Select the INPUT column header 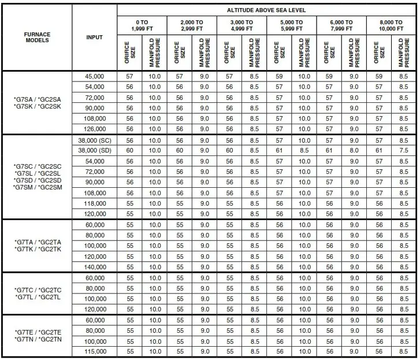(x=94, y=38)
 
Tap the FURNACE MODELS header (x=37, y=38)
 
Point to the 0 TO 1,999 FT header (x=142, y=25)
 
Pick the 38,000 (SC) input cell (x=94, y=140)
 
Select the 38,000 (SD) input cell (x=94, y=151)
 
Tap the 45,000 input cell (x=94, y=76)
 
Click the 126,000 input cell (x=94, y=129)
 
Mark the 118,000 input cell (x=94, y=203)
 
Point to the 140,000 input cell (x=94, y=267)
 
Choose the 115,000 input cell (x=94, y=352)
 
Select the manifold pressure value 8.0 (x=354, y=151)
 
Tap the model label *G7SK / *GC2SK (x=37, y=107)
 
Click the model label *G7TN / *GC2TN (x=37, y=339)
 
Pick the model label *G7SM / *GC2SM (x=37, y=188)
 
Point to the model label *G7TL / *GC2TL (x=37, y=296)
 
